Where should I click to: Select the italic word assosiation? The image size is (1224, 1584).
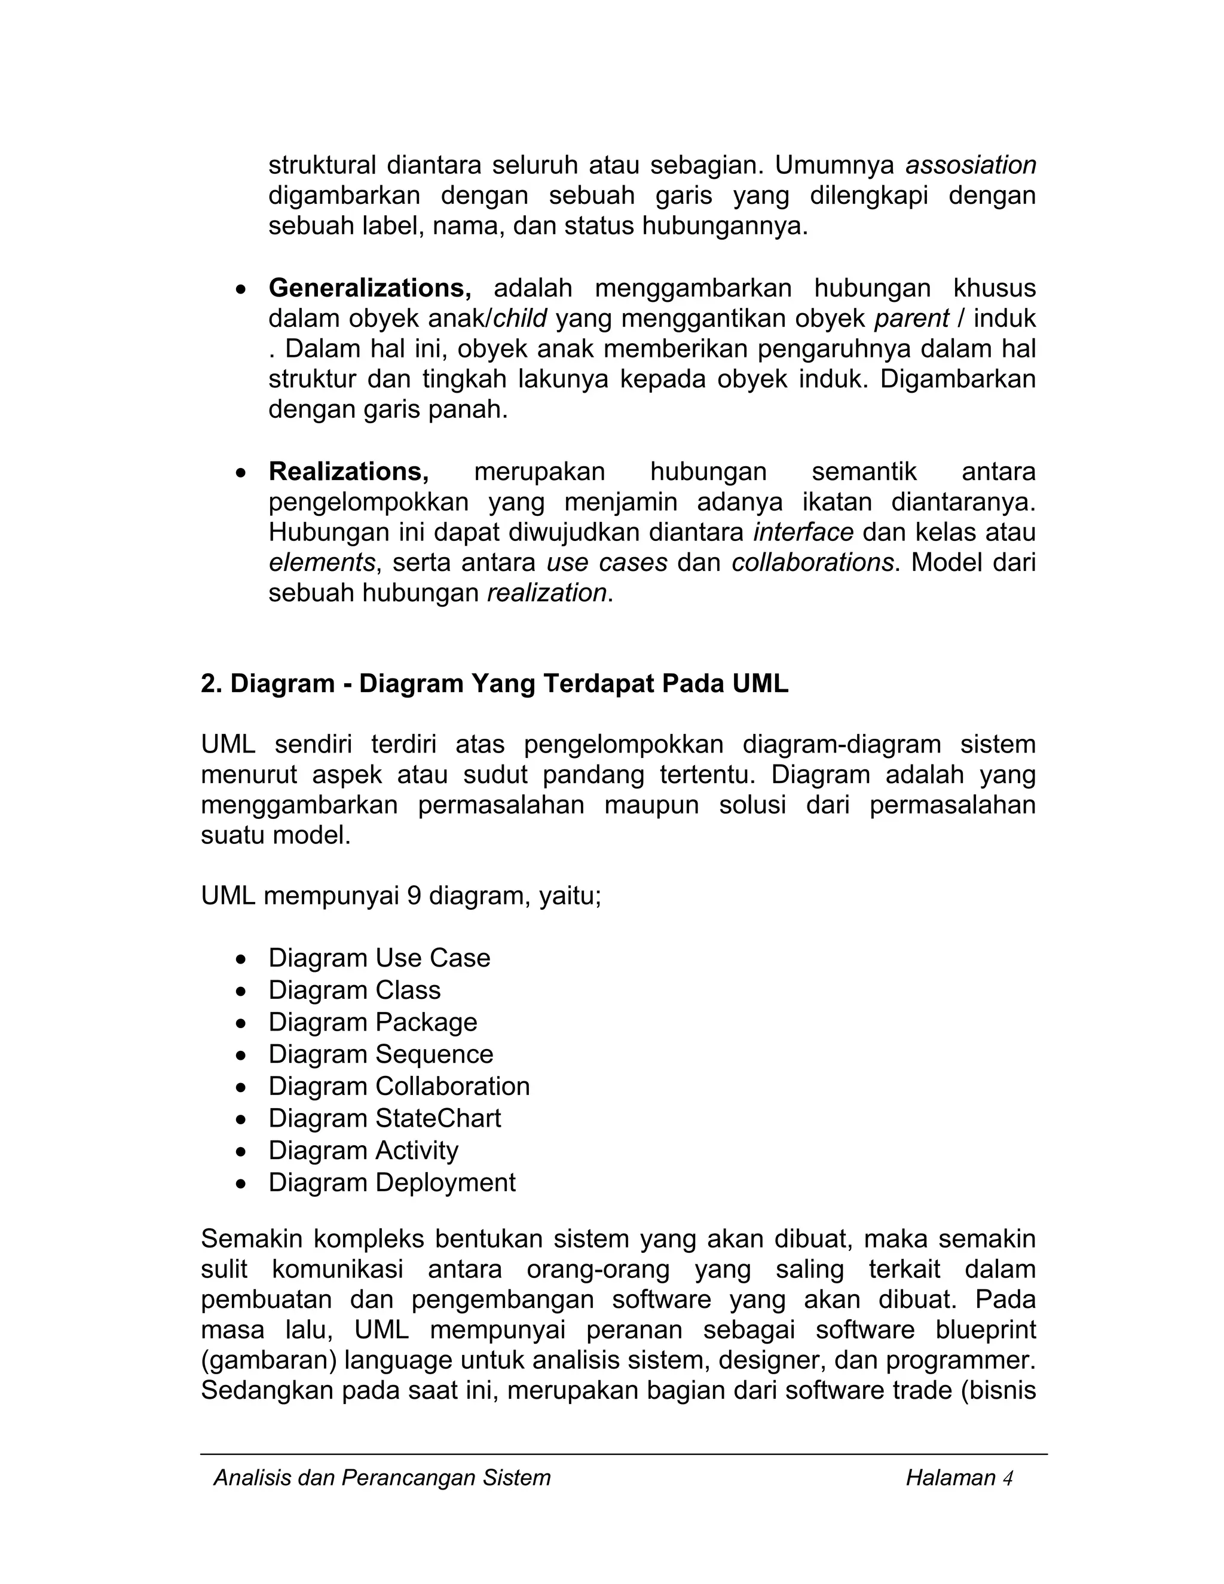tap(970, 166)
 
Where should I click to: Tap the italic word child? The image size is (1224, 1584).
tap(520, 319)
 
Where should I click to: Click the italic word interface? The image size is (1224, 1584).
tap(803, 533)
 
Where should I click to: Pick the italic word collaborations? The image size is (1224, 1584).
tap(812, 564)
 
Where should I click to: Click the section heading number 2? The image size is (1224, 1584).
tap(211, 684)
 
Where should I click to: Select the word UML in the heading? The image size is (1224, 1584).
tap(760, 684)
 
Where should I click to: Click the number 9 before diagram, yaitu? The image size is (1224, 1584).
tap(414, 897)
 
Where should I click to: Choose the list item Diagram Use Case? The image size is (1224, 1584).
tap(380, 959)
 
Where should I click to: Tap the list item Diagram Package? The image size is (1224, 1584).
tap(373, 1023)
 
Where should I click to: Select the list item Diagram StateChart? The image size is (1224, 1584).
tap(384, 1119)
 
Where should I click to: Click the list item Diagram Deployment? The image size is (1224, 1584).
tap(391, 1183)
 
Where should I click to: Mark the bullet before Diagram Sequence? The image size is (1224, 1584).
tap(241, 1055)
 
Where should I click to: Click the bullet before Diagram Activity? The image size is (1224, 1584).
tap(241, 1152)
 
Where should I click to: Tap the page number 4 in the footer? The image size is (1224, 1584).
tap(1007, 1479)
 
